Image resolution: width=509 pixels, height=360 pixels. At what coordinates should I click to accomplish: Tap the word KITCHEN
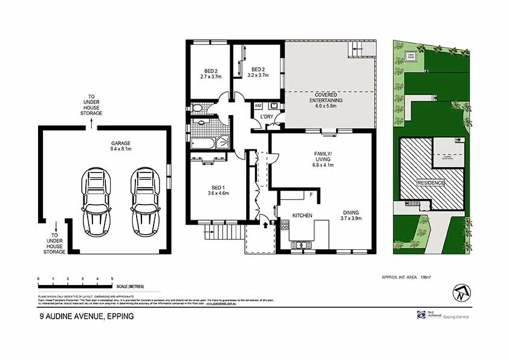click(x=302, y=215)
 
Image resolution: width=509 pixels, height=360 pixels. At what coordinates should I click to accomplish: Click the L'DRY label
click(x=267, y=116)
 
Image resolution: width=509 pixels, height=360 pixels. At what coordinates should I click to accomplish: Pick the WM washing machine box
click(x=259, y=106)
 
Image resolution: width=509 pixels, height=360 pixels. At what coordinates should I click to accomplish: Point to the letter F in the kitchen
click(x=311, y=195)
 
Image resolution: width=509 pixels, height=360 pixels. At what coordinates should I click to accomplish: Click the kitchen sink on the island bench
click(x=299, y=244)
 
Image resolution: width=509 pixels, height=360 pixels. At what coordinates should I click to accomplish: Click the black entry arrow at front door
click(x=266, y=224)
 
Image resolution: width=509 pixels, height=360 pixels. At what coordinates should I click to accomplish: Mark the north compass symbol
click(x=461, y=293)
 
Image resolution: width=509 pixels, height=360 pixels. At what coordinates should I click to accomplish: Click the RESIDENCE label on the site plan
click(x=430, y=183)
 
